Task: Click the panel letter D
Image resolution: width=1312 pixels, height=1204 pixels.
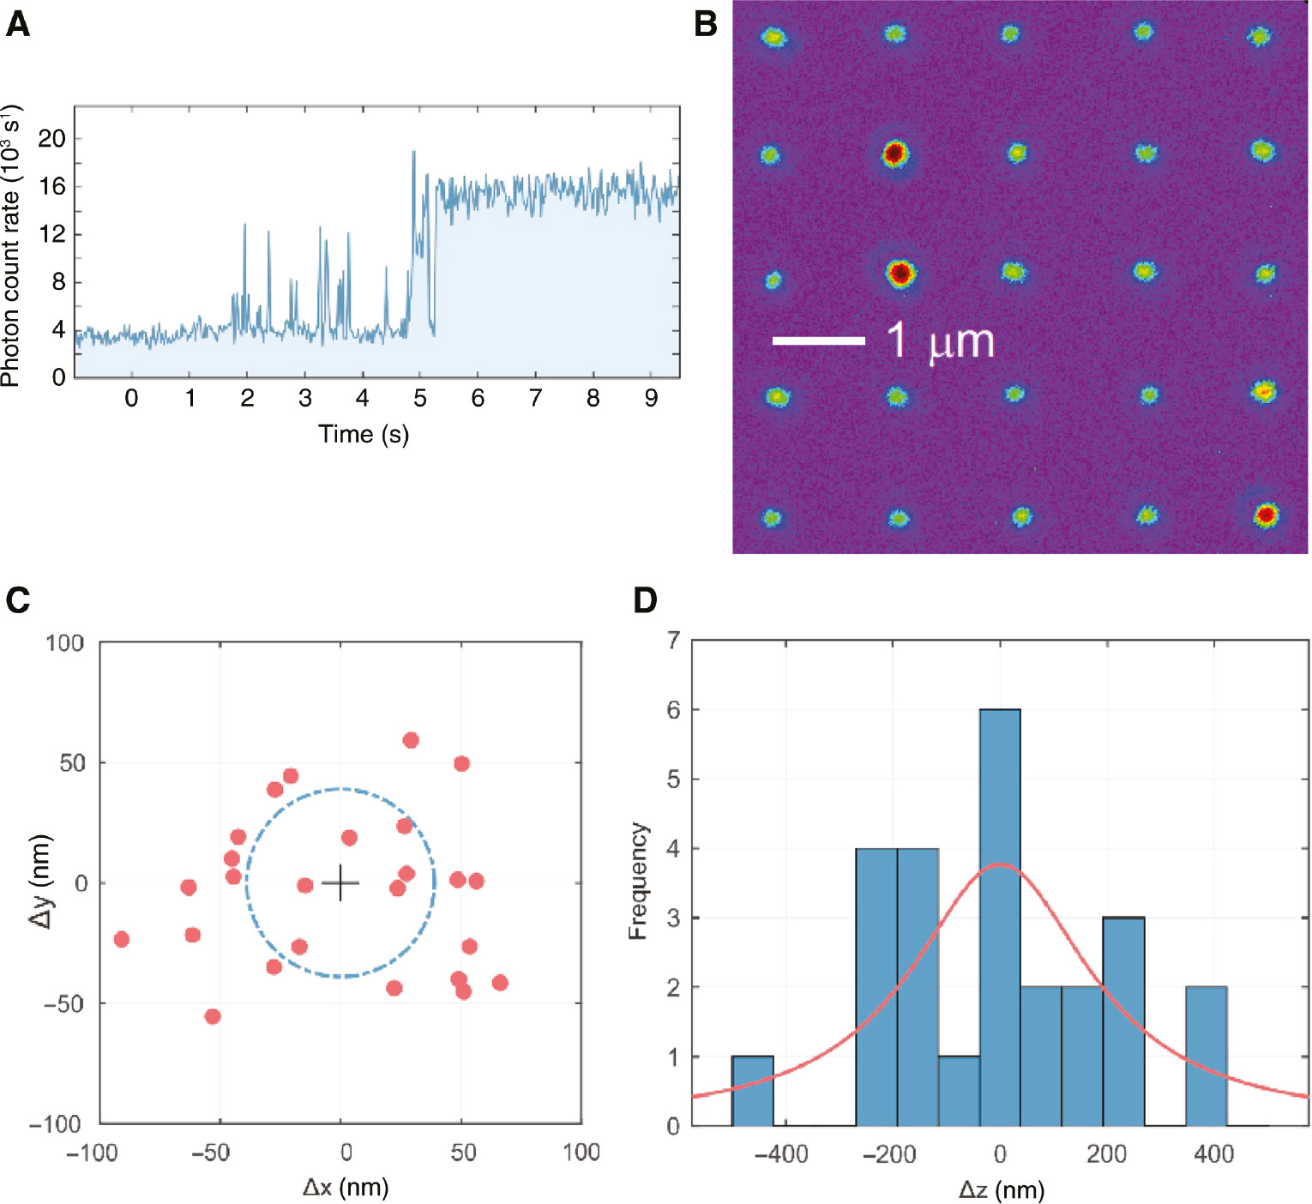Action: tap(645, 600)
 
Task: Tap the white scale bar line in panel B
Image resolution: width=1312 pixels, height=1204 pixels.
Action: tap(818, 340)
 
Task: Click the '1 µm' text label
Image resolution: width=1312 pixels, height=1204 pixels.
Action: tap(940, 340)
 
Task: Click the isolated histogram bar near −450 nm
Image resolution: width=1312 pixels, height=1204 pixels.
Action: tap(752, 1090)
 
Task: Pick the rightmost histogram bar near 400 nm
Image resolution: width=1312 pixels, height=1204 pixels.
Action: tap(1206, 1056)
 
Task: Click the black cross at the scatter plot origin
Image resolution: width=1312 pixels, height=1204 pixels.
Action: tap(340, 882)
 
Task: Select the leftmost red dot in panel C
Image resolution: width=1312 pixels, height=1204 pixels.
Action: tap(122, 939)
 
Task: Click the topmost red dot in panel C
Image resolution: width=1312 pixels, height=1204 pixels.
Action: tap(411, 740)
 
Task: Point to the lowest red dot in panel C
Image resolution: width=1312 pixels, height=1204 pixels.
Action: tap(213, 1016)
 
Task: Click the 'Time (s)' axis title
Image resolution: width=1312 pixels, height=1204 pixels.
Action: tap(364, 434)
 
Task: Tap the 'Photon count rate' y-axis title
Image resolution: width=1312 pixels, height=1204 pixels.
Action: tap(10, 246)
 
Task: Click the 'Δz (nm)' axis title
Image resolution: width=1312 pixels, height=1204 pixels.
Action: tap(1001, 1189)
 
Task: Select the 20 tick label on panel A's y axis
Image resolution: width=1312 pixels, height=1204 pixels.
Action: tap(51, 138)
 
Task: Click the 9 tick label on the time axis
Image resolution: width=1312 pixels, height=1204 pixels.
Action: tap(651, 398)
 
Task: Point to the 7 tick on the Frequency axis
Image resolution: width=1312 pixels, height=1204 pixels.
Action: tap(673, 641)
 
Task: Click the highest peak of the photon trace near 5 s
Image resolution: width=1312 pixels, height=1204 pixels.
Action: tap(413, 153)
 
